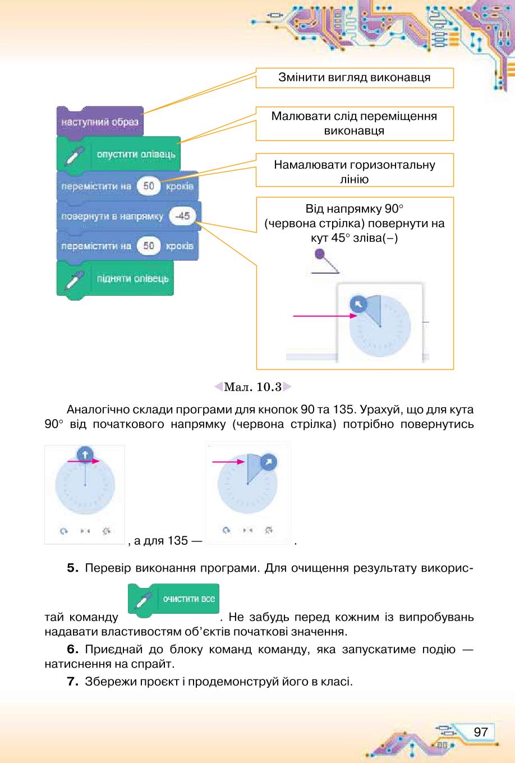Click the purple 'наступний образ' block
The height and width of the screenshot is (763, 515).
tap(100, 122)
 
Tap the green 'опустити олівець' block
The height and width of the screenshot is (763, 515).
tap(118, 154)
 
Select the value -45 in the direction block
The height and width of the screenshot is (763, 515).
tap(182, 216)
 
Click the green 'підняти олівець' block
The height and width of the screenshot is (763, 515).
tap(115, 279)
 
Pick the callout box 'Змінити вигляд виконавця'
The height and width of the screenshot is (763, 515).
tap(355, 77)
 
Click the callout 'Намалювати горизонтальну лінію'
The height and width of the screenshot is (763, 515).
tap(355, 170)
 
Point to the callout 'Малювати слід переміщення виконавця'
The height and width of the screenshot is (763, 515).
tap(355, 123)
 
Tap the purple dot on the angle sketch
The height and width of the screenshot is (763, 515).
tap(320, 254)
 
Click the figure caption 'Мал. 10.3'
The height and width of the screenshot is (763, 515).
tap(252, 387)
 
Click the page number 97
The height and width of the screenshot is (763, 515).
tap(481, 732)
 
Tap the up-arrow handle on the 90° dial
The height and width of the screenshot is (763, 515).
tap(85, 454)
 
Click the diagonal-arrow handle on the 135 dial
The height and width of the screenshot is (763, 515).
tap(268, 462)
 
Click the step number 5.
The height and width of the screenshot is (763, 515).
tap(72, 568)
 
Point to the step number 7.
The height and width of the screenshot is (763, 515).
tap(72, 682)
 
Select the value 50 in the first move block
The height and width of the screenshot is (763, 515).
tap(149, 186)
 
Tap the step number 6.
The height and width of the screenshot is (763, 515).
tap(72, 649)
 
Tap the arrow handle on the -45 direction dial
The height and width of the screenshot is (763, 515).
tap(358, 304)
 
